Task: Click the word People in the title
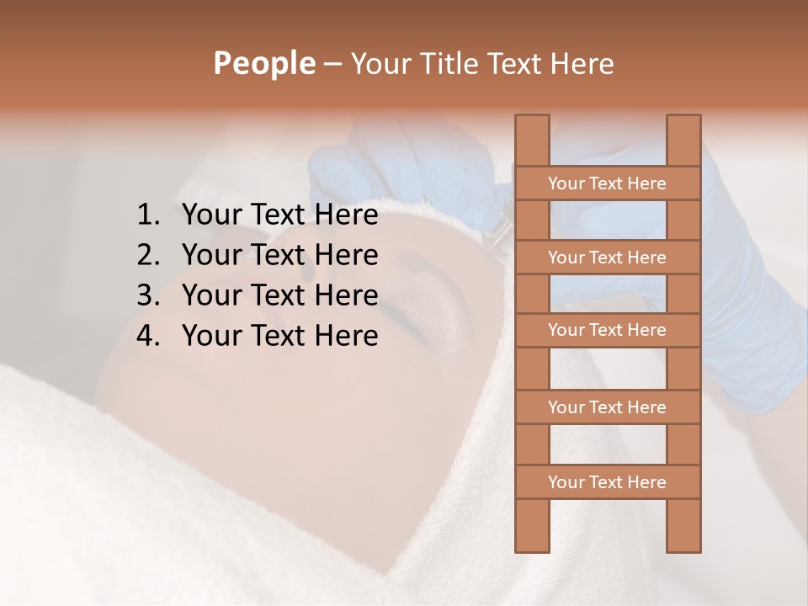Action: [263, 64]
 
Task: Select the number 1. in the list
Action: [148, 215]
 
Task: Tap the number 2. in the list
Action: [148, 255]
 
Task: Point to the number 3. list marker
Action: [148, 295]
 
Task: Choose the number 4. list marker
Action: [148, 336]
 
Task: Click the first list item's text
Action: [279, 215]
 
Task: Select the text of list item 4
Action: [279, 336]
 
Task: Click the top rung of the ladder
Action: [607, 183]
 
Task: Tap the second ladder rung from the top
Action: [607, 258]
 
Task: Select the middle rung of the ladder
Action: [607, 331]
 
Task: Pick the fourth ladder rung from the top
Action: [607, 407]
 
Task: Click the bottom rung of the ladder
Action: [607, 482]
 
